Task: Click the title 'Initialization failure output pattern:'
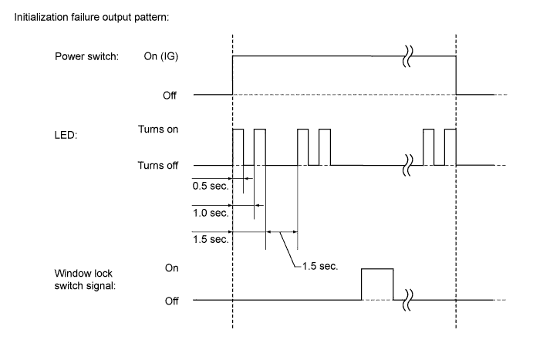pos(92,17)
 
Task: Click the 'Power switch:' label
pos(86,56)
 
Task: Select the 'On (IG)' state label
pos(160,56)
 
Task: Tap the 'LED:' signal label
pos(66,135)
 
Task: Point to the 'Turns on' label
pos(158,130)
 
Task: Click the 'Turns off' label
pos(157,166)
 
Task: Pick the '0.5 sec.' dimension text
pos(211,186)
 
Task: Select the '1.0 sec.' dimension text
pos(211,213)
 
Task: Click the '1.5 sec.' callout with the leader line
pos(320,266)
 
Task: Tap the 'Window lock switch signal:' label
pos(85,280)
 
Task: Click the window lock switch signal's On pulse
pos(377,269)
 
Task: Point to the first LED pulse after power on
pos(238,130)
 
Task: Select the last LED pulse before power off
pos(450,130)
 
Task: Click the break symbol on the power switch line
pos(407,56)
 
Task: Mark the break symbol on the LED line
pos(407,166)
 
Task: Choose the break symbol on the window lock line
pos(407,300)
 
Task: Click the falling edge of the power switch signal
pos(456,76)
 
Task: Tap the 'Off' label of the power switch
pos(170,96)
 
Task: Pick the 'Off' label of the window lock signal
pos(172,301)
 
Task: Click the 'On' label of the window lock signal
pos(172,268)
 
